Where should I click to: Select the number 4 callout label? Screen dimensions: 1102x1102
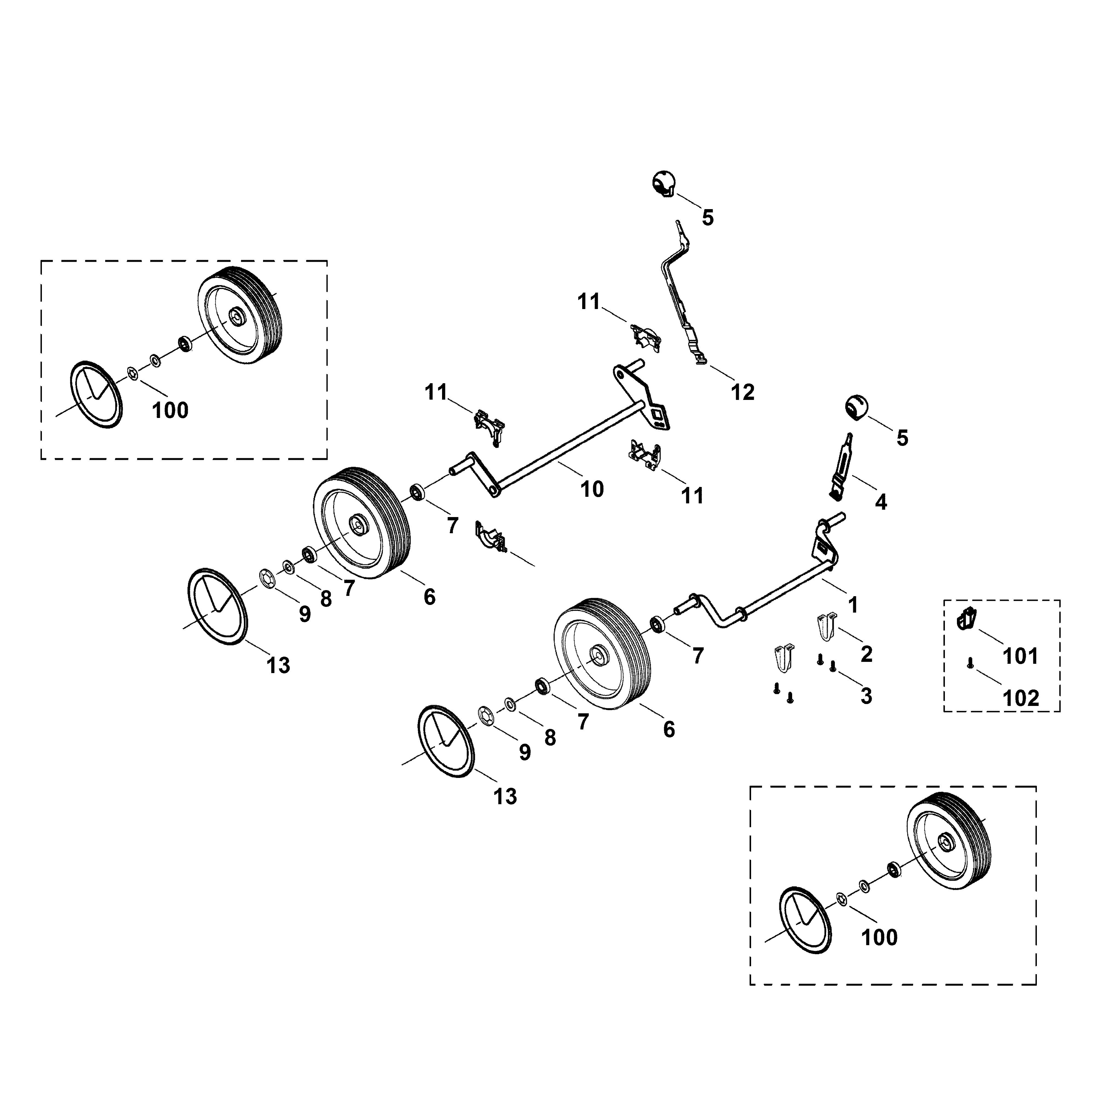[x=881, y=502]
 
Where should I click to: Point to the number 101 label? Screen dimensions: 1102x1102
[x=1020, y=657]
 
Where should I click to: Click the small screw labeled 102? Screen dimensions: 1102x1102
[x=970, y=663]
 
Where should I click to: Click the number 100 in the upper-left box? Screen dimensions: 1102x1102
[x=170, y=410]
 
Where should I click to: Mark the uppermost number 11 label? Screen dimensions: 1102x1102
[x=589, y=302]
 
